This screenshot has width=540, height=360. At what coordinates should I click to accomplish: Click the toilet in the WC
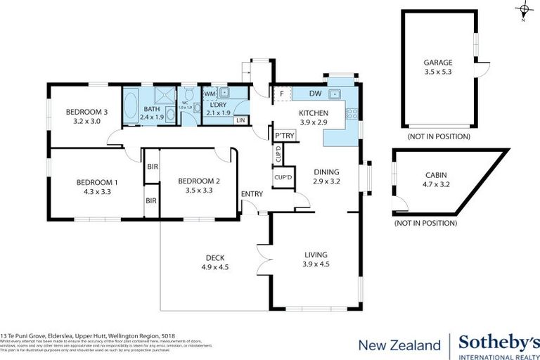pyautogui.click(x=188, y=108)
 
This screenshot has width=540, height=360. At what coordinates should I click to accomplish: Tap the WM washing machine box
pyautogui.click(x=210, y=94)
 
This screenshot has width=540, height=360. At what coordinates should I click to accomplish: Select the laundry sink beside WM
pyautogui.click(x=226, y=93)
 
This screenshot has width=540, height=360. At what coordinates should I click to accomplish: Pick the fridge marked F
pyautogui.click(x=281, y=94)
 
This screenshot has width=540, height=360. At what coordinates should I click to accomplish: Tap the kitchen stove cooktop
pyautogui.click(x=352, y=113)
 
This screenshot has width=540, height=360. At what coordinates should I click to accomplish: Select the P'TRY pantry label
pyautogui.click(x=284, y=135)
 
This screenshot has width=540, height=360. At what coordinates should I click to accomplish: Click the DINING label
pyautogui.click(x=326, y=171)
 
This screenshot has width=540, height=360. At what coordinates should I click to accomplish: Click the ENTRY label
pyautogui.click(x=251, y=194)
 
